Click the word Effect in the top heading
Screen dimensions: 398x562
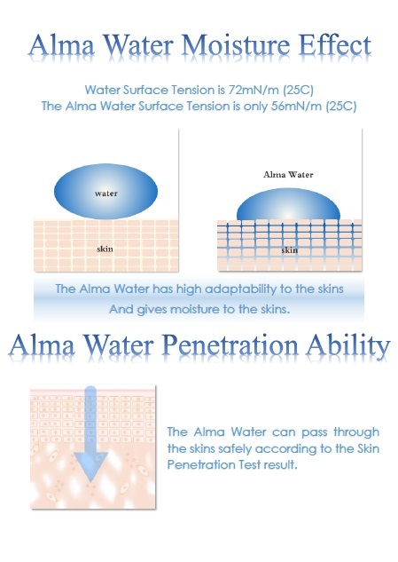(335, 45)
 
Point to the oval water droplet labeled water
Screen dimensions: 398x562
(105, 192)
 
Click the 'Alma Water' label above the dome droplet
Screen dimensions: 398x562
(288, 175)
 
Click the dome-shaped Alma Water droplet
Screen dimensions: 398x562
(288, 204)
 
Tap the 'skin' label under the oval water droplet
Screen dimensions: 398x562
(105, 249)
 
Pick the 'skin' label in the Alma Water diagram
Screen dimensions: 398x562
(289, 249)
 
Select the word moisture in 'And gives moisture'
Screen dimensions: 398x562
(195, 309)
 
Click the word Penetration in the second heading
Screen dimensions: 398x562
(230, 345)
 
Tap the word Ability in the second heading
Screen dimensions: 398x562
(348, 346)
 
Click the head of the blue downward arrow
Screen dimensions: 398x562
(91, 466)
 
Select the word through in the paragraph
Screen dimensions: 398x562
(356, 432)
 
